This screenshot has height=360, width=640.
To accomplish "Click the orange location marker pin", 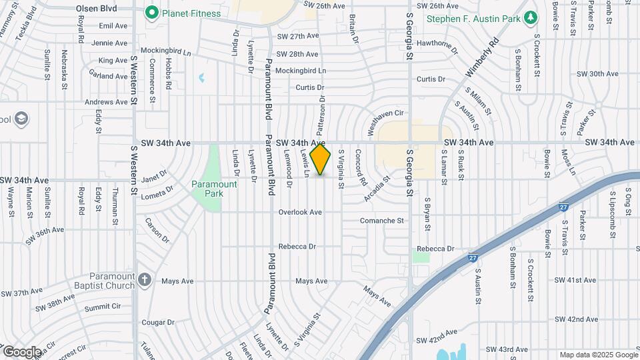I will click(321, 159).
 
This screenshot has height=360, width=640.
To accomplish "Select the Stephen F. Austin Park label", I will click(473, 19).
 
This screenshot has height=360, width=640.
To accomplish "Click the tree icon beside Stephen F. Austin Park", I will click(531, 18).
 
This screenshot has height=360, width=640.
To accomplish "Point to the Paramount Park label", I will click(214, 189).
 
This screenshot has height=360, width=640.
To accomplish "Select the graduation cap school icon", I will click(21, 119).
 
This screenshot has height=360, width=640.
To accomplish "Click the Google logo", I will click(21, 351).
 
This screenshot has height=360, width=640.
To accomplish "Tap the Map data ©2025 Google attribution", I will click(598, 355).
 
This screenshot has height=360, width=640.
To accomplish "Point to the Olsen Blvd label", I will click(96, 9).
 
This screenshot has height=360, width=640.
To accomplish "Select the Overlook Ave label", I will click(300, 212).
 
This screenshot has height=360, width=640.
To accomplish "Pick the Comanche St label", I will click(382, 220).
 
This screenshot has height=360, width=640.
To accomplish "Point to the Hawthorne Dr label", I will click(437, 45).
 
